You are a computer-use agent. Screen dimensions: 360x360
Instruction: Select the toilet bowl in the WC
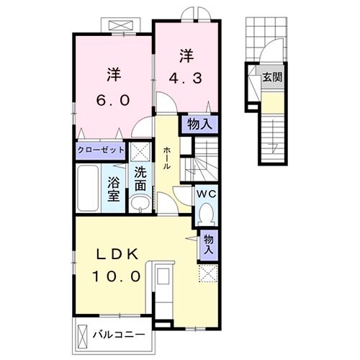click(x=205, y=212)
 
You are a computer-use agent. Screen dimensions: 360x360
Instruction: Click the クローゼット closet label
click(x=102, y=151)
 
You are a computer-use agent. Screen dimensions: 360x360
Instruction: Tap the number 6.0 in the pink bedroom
click(x=114, y=100)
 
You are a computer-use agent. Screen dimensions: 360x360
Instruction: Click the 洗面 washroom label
click(x=141, y=178)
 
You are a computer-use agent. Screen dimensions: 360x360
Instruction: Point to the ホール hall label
click(x=167, y=156)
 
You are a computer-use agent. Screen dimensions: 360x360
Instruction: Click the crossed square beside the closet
click(x=140, y=150)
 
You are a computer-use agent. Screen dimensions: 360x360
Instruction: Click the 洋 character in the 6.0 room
click(x=114, y=73)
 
